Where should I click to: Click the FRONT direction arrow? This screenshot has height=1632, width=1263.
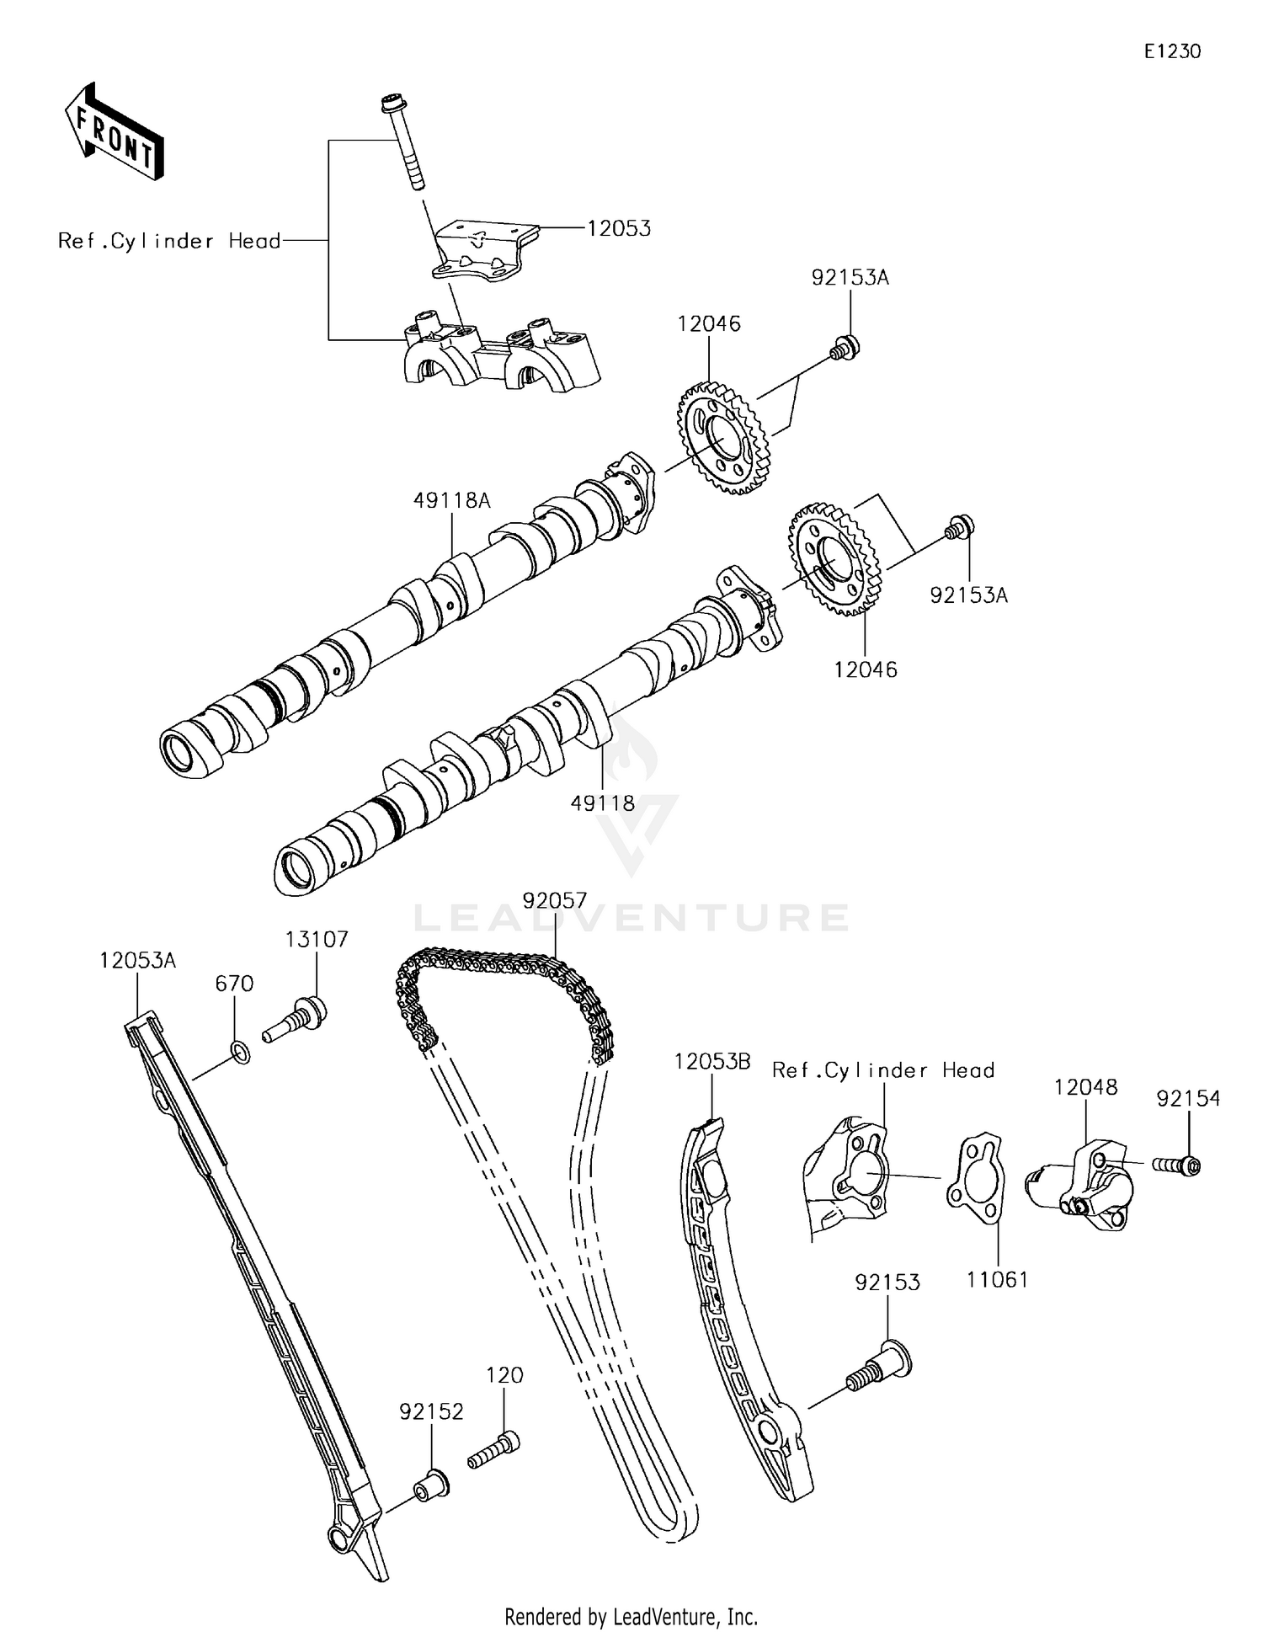click(x=114, y=132)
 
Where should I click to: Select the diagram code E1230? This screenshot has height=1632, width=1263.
click(x=1171, y=51)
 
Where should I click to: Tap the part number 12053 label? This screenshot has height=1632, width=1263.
click(x=619, y=228)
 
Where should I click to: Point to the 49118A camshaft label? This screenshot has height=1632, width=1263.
click(x=451, y=500)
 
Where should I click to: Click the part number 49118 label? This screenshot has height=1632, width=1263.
click(x=603, y=803)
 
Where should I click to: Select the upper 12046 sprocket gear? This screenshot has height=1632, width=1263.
click(x=717, y=438)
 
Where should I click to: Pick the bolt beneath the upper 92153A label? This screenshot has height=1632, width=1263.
click(x=844, y=347)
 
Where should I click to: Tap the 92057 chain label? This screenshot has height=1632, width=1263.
click(x=554, y=901)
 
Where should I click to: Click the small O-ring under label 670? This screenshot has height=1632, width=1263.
click(x=239, y=1052)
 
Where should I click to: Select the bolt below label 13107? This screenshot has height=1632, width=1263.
click(x=295, y=1018)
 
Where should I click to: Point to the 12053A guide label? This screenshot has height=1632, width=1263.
click(x=137, y=960)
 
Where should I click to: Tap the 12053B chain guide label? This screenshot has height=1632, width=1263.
click(x=711, y=1062)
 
